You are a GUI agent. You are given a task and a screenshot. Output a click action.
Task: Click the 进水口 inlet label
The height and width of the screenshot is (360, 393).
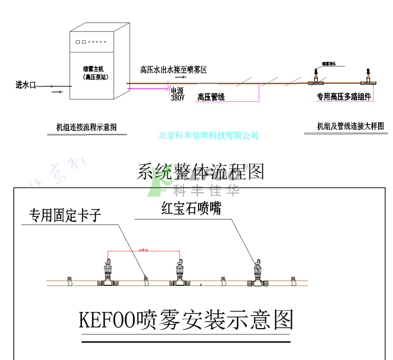[x=26, y=85]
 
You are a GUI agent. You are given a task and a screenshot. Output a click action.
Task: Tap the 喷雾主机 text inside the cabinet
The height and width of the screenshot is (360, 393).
[x=92, y=68]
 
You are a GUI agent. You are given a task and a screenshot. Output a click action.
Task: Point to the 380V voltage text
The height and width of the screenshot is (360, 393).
[x=177, y=97]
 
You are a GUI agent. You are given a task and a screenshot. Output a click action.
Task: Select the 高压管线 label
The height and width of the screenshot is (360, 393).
[x=211, y=97]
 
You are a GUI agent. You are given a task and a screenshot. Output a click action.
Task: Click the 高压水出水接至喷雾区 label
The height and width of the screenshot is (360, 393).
[x=173, y=70]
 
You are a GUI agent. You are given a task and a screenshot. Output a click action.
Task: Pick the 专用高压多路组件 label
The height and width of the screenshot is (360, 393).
[x=343, y=96]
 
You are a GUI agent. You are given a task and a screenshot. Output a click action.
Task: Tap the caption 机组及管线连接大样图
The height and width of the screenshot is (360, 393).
[x=351, y=126]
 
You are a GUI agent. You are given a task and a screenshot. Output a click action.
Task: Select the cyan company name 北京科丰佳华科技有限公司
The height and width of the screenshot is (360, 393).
[x=208, y=135]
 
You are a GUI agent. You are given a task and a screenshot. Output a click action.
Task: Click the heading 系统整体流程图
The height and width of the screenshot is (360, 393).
[x=200, y=172]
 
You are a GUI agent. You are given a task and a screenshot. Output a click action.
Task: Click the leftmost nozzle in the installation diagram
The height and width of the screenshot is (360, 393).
[x=108, y=272]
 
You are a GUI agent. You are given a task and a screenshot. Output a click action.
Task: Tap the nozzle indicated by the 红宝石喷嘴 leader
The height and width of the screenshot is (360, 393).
[x=257, y=272]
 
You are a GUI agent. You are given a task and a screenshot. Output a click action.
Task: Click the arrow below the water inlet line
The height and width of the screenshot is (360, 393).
[x=58, y=93]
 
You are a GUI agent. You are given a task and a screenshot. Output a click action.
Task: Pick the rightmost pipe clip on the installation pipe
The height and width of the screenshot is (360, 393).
[x=293, y=279]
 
